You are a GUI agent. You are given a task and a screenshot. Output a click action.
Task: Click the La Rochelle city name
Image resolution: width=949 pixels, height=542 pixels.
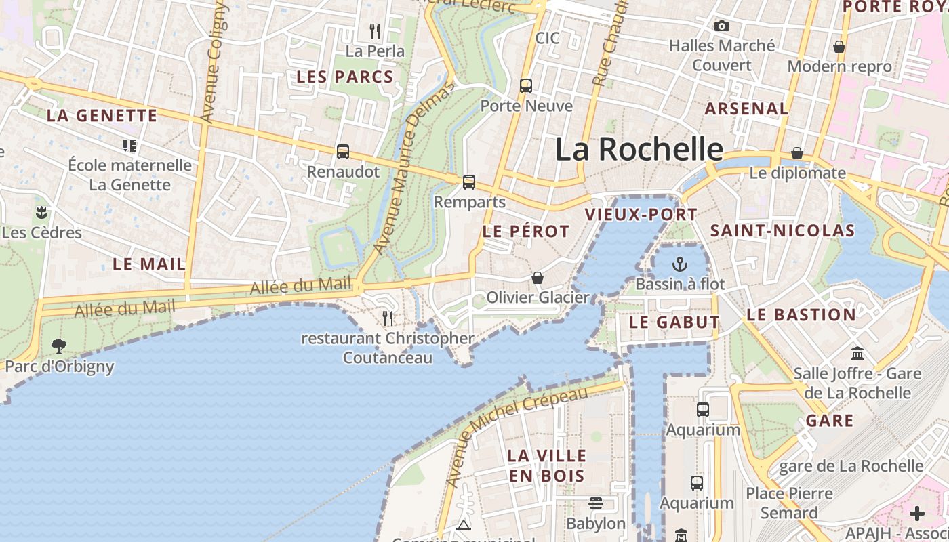(x=639, y=150)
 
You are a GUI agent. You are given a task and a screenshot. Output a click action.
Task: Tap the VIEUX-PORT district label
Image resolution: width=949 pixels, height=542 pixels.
(x=641, y=215)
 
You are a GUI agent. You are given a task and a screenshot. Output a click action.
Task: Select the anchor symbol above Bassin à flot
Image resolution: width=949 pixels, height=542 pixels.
(x=679, y=264)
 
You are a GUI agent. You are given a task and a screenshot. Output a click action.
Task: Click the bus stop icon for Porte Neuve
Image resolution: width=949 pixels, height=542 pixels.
(x=526, y=86)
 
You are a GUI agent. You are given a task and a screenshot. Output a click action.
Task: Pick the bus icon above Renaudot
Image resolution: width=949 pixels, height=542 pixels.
(x=343, y=152)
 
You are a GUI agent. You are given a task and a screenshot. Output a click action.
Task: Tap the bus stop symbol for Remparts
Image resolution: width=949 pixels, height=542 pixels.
(x=469, y=182)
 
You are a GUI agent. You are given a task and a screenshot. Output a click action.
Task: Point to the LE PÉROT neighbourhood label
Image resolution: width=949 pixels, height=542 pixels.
(x=526, y=232)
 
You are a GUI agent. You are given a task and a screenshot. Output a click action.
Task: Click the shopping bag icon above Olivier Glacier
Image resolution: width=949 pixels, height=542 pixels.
(x=538, y=278)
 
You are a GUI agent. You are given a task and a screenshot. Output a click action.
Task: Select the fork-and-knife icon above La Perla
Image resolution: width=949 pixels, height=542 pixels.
(x=375, y=30)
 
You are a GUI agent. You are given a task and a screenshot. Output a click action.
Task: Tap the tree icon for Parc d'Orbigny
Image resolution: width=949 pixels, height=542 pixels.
(x=59, y=346)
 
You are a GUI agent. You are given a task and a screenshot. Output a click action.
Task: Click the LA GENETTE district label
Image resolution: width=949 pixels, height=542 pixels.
(x=102, y=116)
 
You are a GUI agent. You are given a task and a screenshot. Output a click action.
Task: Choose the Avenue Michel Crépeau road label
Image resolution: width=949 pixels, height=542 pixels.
(x=517, y=436)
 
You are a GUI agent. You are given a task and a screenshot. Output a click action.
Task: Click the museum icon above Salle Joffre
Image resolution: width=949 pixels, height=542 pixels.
(x=857, y=354)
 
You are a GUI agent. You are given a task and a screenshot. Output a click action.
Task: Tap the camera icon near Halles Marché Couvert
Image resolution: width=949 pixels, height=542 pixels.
(x=722, y=26)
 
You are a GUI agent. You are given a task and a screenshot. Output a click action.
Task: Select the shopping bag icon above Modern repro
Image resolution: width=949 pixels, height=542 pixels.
(x=839, y=47)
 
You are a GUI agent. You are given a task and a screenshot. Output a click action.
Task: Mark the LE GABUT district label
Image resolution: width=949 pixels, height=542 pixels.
(x=674, y=322)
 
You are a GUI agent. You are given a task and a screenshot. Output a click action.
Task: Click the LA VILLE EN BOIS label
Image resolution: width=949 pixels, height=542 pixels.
(x=546, y=465)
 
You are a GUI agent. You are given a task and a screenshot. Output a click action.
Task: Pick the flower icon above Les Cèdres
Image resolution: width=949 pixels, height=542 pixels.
(x=42, y=213)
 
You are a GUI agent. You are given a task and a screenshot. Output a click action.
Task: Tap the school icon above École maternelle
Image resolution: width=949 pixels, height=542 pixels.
(x=129, y=145)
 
